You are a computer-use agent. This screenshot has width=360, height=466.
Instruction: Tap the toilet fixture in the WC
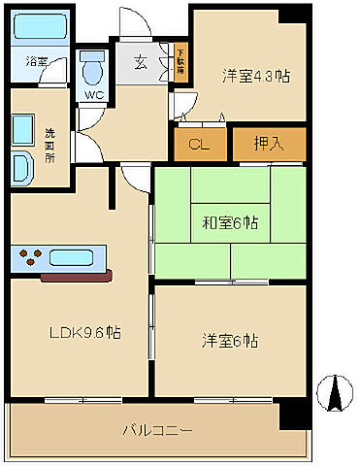click(93, 71)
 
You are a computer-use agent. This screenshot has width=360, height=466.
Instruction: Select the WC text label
click(93, 95)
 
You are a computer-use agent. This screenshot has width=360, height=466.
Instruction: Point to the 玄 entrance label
click(140, 63)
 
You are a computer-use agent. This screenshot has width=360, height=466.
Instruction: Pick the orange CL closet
click(200, 145)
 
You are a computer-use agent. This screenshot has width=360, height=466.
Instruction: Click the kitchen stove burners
click(30, 259)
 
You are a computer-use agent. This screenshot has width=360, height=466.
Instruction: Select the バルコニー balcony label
click(158, 428)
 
